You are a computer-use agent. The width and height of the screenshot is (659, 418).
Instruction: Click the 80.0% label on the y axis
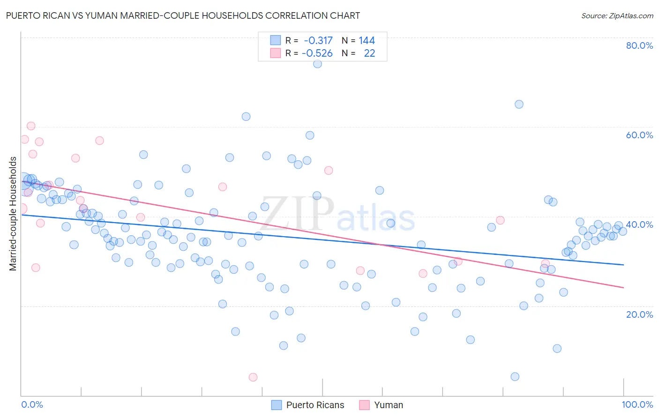(x=639, y=45)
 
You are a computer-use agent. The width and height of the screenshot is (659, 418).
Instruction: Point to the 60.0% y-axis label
(x=639, y=135)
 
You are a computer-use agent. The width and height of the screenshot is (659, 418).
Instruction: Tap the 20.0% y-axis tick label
(x=639, y=314)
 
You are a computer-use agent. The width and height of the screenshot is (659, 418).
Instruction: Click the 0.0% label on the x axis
(x=32, y=404)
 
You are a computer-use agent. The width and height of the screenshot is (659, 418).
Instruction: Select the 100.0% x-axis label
(x=637, y=404)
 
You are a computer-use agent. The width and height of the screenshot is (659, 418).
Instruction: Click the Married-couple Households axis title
(x=13, y=214)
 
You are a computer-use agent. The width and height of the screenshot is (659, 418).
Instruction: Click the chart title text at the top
(x=183, y=15)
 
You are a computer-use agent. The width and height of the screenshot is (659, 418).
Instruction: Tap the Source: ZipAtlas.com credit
(x=617, y=16)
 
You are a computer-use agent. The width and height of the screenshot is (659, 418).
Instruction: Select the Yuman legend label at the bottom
(x=388, y=405)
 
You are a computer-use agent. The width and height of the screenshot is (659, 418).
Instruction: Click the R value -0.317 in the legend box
(x=318, y=40)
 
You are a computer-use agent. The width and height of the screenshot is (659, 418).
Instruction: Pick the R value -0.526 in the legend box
(x=317, y=53)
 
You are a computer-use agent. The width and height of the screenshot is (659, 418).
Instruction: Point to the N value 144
(x=367, y=40)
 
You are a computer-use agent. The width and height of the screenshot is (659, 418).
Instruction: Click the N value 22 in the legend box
(x=369, y=53)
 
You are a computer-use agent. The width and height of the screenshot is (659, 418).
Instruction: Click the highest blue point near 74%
(x=317, y=64)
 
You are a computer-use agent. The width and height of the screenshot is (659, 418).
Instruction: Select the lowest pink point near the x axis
(x=253, y=377)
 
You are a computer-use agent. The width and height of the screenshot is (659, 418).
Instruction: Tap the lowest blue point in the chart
(x=515, y=377)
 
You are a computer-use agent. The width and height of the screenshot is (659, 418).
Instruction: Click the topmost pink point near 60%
(x=31, y=126)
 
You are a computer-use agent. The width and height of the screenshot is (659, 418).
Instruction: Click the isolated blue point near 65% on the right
(x=519, y=104)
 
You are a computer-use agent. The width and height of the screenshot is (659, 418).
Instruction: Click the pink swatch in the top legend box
(x=275, y=53)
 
